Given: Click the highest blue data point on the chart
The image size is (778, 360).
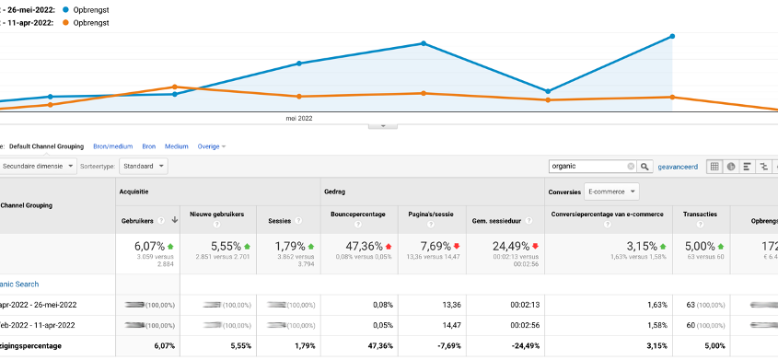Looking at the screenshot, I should pos(673,37).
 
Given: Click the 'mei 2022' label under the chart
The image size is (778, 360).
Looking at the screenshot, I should pos(299,119).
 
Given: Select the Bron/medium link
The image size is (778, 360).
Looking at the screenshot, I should pos(113,146).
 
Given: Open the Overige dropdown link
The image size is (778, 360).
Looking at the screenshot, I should pos(211,146).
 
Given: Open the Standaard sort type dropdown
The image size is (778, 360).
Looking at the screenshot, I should pos(144,166).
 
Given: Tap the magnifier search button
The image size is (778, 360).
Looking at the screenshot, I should pos(645,167).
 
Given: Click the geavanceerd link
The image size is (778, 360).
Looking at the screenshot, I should pos(677,167).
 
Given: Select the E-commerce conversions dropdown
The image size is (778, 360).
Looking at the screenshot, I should pos(611,192).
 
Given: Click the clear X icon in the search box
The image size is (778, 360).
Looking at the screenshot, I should pos(632,167).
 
